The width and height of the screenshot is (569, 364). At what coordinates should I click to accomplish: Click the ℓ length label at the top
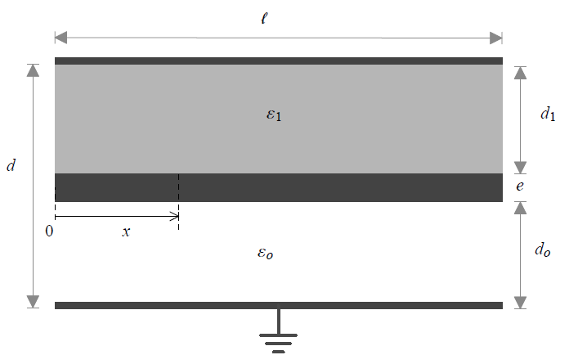[264, 18]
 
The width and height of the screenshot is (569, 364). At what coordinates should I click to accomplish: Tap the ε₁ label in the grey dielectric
[274, 115]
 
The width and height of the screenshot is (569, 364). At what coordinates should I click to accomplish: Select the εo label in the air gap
[265, 253]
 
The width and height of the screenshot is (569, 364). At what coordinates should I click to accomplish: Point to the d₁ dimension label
[548, 114]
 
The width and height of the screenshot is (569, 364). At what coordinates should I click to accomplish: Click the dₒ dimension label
[543, 249]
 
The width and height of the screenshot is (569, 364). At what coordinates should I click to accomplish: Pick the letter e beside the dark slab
[520, 186]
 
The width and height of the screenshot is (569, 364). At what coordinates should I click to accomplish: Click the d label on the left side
[11, 165]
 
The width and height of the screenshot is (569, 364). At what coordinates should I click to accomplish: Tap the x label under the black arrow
[126, 231]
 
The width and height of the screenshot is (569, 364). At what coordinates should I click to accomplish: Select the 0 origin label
[49, 231]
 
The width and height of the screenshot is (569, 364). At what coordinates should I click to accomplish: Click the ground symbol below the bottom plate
[278, 331]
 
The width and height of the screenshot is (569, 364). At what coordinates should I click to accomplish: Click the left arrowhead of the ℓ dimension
[61, 38]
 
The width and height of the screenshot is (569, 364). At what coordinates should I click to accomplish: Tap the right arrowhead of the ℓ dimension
[496, 38]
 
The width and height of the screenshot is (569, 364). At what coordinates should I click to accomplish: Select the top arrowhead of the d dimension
[33, 70]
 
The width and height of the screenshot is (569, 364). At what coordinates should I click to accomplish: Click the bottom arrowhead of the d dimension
[33, 302]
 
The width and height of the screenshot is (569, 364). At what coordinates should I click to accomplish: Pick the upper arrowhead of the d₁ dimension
[521, 73]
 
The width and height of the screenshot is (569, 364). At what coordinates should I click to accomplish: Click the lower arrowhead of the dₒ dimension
[521, 303]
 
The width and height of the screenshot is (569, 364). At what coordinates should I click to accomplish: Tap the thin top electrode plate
[279, 61]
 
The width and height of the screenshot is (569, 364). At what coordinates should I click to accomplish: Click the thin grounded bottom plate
[279, 306]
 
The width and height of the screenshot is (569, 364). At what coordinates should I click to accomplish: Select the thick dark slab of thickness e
[279, 187]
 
